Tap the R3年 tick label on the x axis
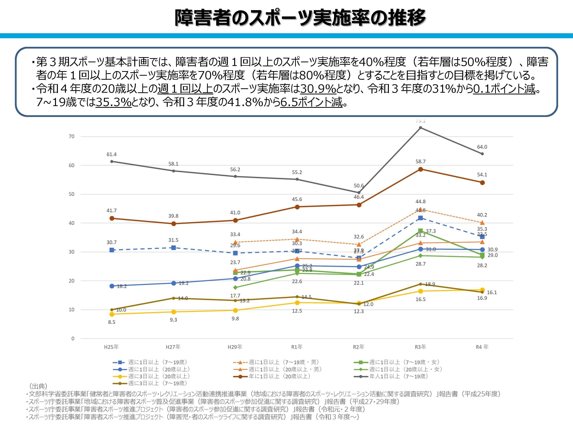point(420,347)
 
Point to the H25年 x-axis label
point(111,347)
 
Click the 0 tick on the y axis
point(73,338)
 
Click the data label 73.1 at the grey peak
point(420,121)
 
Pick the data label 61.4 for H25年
point(112,154)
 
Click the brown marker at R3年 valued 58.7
point(420,169)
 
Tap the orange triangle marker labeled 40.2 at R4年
point(482,223)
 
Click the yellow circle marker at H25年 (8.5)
point(112,314)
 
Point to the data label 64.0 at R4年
point(482,147)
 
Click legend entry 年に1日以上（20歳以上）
point(279,376)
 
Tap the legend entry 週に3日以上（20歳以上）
point(159,376)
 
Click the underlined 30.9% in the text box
point(318,89)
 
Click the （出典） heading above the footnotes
point(38,386)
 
